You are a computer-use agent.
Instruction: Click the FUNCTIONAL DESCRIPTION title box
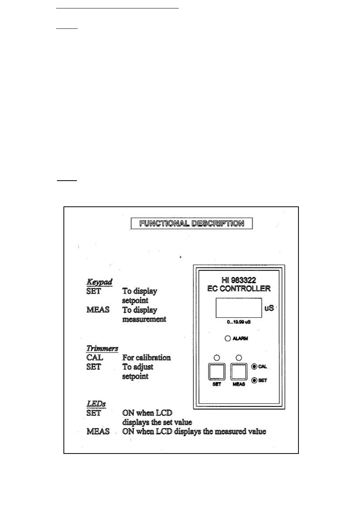pos(192,223)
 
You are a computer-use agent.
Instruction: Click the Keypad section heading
pos(99,282)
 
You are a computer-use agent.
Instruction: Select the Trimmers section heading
pos(102,349)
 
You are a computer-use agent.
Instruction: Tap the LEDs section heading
pos(96,404)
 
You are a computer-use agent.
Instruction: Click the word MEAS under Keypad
pos(98,309)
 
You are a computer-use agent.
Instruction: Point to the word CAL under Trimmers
pos(95,357)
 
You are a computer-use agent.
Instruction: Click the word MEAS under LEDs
pos(98,431)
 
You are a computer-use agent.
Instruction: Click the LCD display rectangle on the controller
pos(238,307)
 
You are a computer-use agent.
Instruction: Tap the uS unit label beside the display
pos(269,308)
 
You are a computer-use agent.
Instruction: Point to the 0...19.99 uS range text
pos(238,322)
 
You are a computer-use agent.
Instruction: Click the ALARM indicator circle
pos(228,338)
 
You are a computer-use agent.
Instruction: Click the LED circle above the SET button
pos(217,358)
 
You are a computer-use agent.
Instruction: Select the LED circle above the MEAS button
pos(239,358)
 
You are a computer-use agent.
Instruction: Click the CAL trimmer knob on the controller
pos(254,366)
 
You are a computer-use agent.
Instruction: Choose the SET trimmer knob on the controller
pos(254,380)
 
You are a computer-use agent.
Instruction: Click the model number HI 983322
pos(238,280)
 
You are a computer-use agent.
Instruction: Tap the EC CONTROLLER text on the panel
pos(238,289)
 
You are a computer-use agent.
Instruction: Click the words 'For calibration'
pos(146,357)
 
